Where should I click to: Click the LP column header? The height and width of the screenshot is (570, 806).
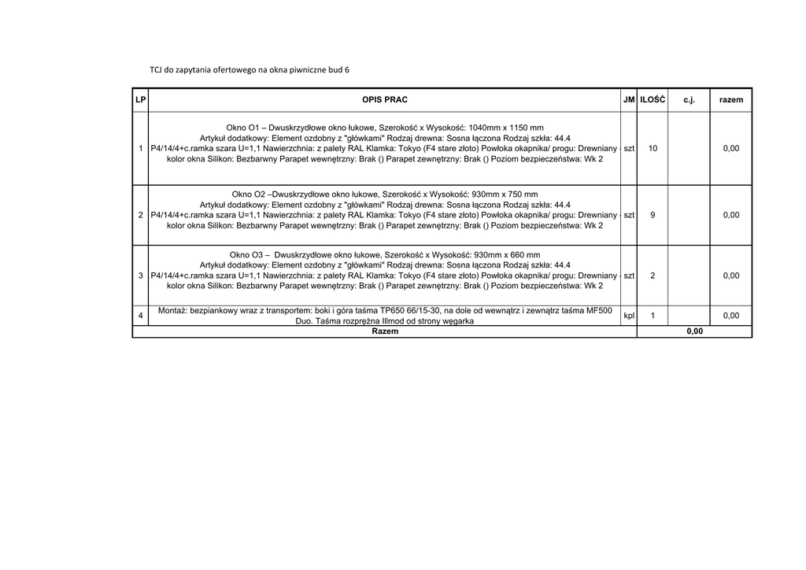pos(140,100)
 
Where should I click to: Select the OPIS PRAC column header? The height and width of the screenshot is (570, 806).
pos(385,100)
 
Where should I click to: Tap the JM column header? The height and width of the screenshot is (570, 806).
pos(629,100)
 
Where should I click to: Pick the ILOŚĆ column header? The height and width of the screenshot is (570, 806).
pos(653,100)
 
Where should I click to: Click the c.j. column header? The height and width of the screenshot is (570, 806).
pos(689,100)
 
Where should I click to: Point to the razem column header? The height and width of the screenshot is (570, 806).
pos(731,100)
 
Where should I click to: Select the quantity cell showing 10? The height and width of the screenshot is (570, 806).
pos(653,148)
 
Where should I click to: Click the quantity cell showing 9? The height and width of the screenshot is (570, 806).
pos(653,215)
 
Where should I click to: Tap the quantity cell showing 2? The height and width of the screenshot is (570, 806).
pos(653,276)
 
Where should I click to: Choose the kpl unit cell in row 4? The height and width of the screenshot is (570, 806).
pos(629,316)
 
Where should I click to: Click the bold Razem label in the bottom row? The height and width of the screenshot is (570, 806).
pos(385,331)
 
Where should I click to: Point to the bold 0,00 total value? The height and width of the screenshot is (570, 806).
pos(694,331)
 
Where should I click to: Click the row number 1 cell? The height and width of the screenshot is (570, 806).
pos(140,148)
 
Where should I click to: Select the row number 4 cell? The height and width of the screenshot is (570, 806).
pos(140,316)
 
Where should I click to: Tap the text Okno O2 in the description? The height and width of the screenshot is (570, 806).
pos(249,194)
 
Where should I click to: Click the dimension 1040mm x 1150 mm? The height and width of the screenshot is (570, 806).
pos(505,128)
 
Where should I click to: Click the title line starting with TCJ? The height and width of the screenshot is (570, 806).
pos(250,69)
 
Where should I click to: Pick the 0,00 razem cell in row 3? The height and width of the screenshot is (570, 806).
pos(731,276)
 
